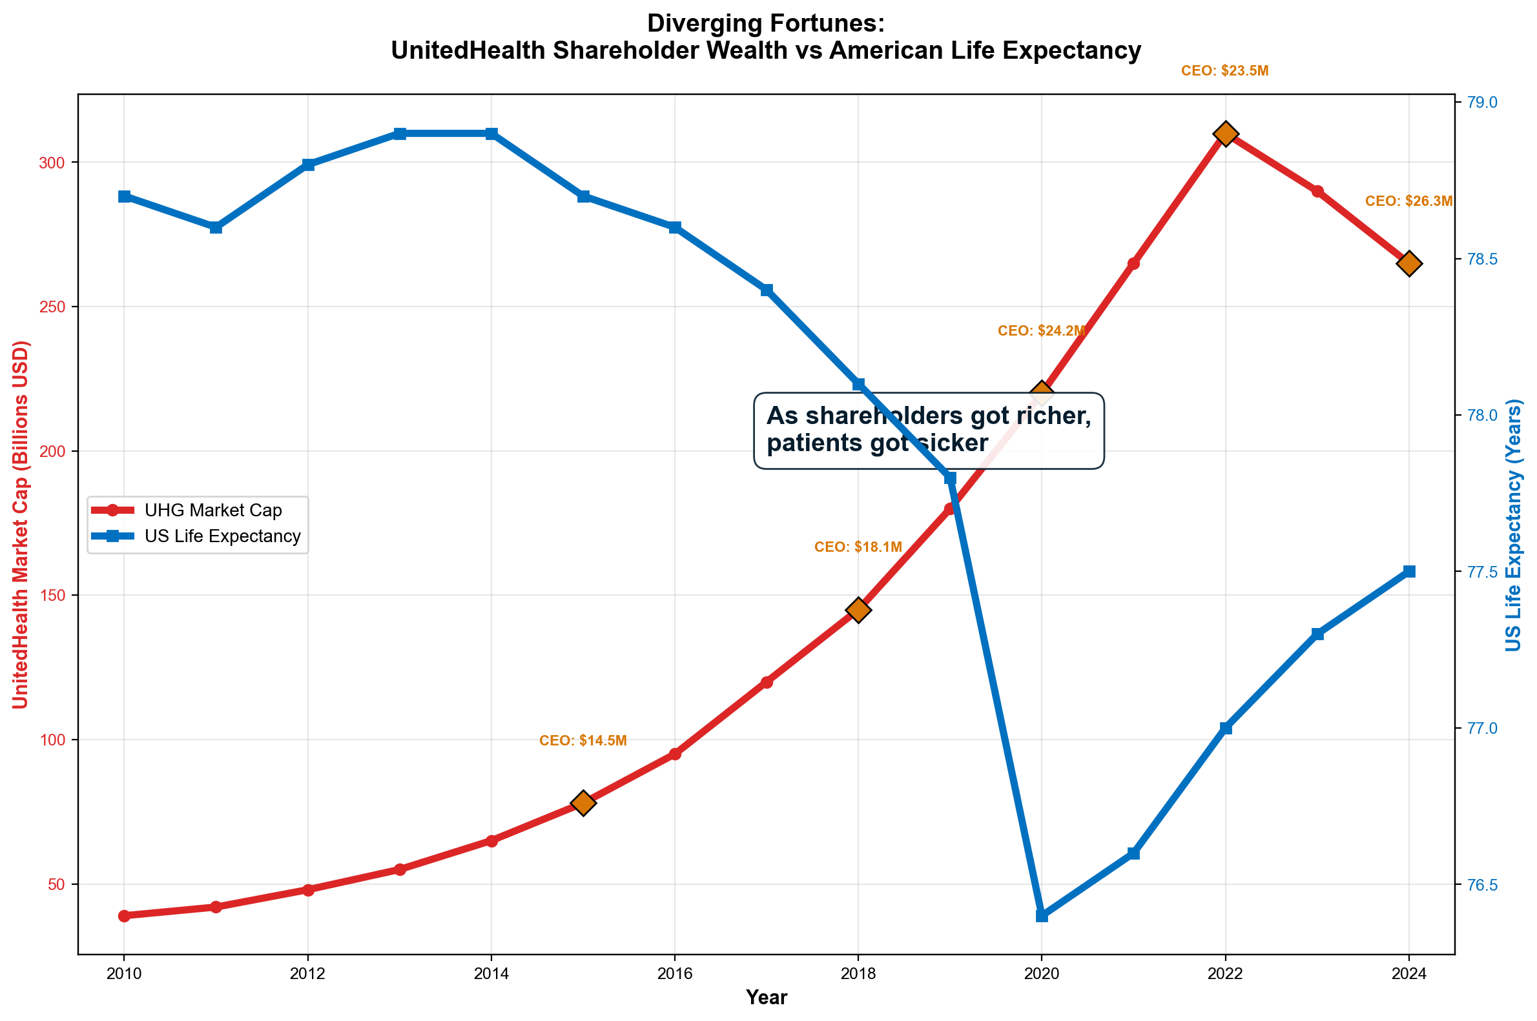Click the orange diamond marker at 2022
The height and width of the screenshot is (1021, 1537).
[1225, 134]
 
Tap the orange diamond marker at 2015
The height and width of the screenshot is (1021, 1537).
[583, 803]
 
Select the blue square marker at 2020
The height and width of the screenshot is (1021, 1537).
[1041, 916]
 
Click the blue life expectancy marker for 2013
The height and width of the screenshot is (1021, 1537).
[400, 134]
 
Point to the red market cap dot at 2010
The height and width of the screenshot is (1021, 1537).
[124, 916]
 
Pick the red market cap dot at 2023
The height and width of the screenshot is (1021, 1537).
[1317, 191]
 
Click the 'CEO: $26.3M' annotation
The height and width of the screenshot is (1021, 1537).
[1408, 201]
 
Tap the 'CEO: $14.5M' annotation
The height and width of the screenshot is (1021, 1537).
[583, 740]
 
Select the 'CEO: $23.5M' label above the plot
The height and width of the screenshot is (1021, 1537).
[1225, 71]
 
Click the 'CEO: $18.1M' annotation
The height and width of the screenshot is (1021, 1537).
[858, 547]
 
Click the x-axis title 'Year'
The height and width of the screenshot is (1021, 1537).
[766, 997]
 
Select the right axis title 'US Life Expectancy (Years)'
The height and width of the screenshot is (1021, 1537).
[1513, 525]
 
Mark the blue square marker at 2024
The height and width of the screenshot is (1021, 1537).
[1408, 572]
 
